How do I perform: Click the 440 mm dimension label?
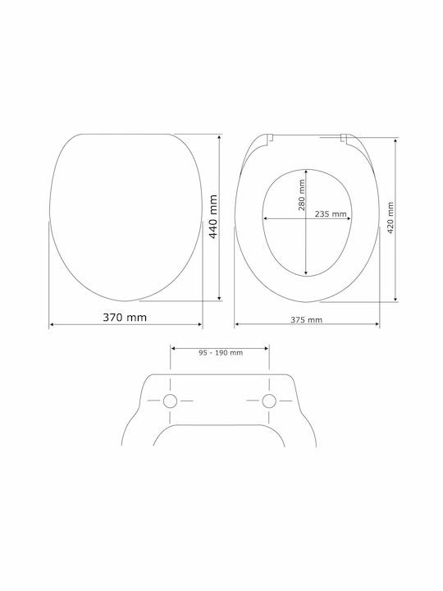coord(213,217)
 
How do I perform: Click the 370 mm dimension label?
coord(125,318)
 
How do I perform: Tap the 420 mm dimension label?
coord(390,218)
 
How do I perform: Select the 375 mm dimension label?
coord(306,320)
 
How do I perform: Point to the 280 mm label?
coord(302,195)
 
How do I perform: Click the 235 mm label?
coord(331,213)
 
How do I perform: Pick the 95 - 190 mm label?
coord(221,353)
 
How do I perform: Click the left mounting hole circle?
coord(171,401)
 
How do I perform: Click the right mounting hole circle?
coord(269,401)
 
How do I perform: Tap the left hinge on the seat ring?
coord(269,139)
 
